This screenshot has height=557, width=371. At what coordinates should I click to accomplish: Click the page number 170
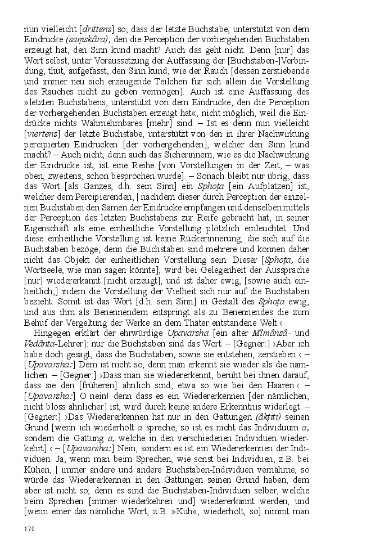29,528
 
